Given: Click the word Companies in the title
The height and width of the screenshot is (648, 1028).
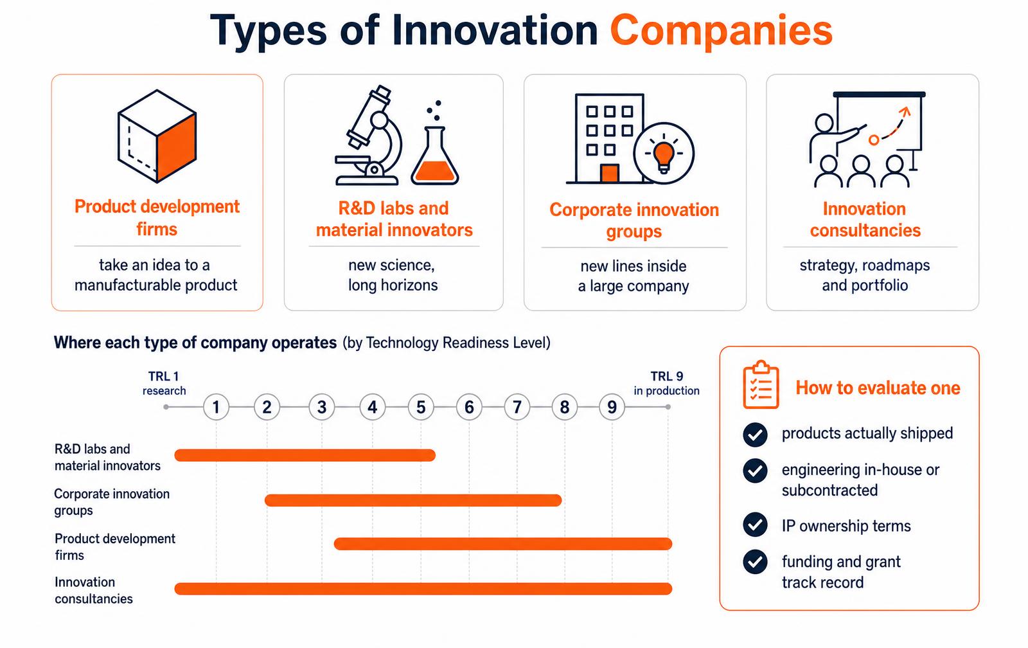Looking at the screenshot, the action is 721,30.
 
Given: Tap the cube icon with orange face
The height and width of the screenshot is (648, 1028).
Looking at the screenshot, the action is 157,136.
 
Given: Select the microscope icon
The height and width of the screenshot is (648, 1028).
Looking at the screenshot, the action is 369,135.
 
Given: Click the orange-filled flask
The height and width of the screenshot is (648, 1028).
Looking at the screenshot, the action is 434,156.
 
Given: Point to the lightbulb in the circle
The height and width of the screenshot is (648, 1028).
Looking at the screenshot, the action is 664,154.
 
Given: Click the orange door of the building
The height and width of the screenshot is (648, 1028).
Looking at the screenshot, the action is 610,174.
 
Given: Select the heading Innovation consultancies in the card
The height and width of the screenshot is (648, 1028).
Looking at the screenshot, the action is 865,219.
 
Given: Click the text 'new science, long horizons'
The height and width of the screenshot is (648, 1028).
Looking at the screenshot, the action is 393,275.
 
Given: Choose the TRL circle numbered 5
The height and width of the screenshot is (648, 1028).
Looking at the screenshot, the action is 421,407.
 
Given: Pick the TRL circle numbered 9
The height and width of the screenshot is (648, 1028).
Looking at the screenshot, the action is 612,407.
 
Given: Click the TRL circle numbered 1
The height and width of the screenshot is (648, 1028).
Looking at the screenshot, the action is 216,407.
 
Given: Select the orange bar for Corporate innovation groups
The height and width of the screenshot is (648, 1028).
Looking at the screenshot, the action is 413,500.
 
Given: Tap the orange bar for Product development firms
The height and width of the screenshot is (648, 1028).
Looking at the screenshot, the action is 503,544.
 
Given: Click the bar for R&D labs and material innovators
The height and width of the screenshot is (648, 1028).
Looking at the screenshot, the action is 305,455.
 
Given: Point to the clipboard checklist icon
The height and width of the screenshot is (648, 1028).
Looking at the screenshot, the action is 761,385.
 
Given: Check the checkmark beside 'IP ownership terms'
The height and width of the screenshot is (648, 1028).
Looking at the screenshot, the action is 755,525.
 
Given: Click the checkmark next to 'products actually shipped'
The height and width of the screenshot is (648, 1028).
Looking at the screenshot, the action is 755,435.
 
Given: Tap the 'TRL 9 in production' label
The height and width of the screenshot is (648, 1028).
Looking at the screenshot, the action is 667,384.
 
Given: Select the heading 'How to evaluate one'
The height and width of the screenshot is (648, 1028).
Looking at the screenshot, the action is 878,388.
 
